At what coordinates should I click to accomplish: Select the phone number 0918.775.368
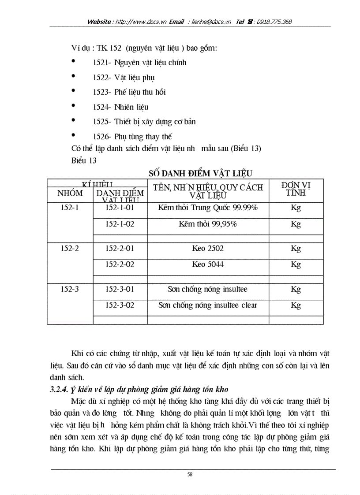pos(271,22)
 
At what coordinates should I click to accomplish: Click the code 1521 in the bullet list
pos(101,63)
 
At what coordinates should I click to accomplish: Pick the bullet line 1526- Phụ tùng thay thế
pos(132,137)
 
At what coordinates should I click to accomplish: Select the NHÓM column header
pos(70,193)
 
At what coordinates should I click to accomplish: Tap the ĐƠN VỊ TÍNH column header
pos(296,190)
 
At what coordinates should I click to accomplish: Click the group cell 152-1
pos(70,207)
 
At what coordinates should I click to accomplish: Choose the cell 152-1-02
pos(120,224)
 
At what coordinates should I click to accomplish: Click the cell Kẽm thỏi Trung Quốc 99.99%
pos(208,207)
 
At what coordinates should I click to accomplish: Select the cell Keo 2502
pos(208,248)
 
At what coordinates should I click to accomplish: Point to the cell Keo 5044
pos(208,264)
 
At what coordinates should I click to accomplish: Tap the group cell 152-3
pos(70,289)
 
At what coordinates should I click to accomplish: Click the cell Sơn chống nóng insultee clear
pos(208,305)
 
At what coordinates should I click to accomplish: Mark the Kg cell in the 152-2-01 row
pos(296,248)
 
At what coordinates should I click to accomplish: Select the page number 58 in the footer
pos(190,474)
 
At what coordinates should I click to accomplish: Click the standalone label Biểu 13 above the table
pos(84,160)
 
